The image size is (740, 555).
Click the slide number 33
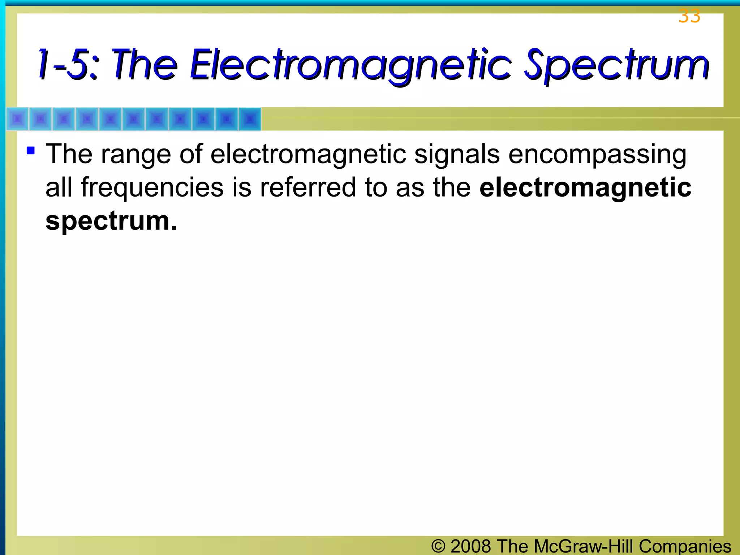click(x=689, y=16)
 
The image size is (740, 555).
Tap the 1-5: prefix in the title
click(x=68, y=65)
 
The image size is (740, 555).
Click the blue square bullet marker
click(x=31, y=150)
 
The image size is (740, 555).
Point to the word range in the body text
click(x=135, y=155)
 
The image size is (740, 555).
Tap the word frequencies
click(x=152, y=188)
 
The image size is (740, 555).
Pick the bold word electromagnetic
click(x=585, y=187)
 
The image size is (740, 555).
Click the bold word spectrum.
click(x=111, y=221)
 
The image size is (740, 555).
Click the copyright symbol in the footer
click(x=438, y=546)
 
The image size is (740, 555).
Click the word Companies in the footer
click(x=685, y=546)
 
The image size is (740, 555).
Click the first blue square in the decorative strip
click(x=17, y=119)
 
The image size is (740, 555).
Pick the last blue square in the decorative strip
click(x=249, y=119)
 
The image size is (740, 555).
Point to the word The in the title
click(x=145, y=65)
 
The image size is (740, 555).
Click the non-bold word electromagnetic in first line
click(x=308, y=154)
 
